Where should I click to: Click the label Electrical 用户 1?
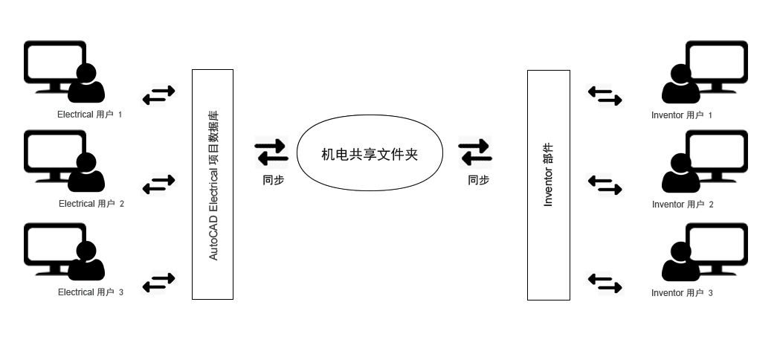[x=89, y=115]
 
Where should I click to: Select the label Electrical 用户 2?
[x=91, y=204]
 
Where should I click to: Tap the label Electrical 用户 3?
[x=90, y=292]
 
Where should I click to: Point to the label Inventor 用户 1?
[x=681, y=115]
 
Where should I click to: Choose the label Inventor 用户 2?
[x=682, y=205]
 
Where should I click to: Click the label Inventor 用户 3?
[x=681, y=293]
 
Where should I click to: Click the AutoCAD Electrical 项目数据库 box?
[x=213, y=184]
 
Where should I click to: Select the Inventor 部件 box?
[x=548, y=184]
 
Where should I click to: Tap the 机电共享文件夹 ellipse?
[x=370, y=153]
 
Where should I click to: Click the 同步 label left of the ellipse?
[x=273, y=180]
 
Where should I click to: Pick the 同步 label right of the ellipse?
[x=478, y=180]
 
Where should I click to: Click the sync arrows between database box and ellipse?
[x=271, y=152]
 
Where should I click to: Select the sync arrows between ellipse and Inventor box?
[x=475, y=152]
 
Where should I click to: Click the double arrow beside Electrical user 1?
[x=158, y=95]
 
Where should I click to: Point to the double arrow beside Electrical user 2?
[x=158, y=184]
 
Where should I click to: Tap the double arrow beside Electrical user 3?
[x=158, y=283]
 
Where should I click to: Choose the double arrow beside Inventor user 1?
[x=605, y=96]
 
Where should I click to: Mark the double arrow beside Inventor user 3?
[x=605, y=283]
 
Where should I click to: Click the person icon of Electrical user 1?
[x=86, y=85]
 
